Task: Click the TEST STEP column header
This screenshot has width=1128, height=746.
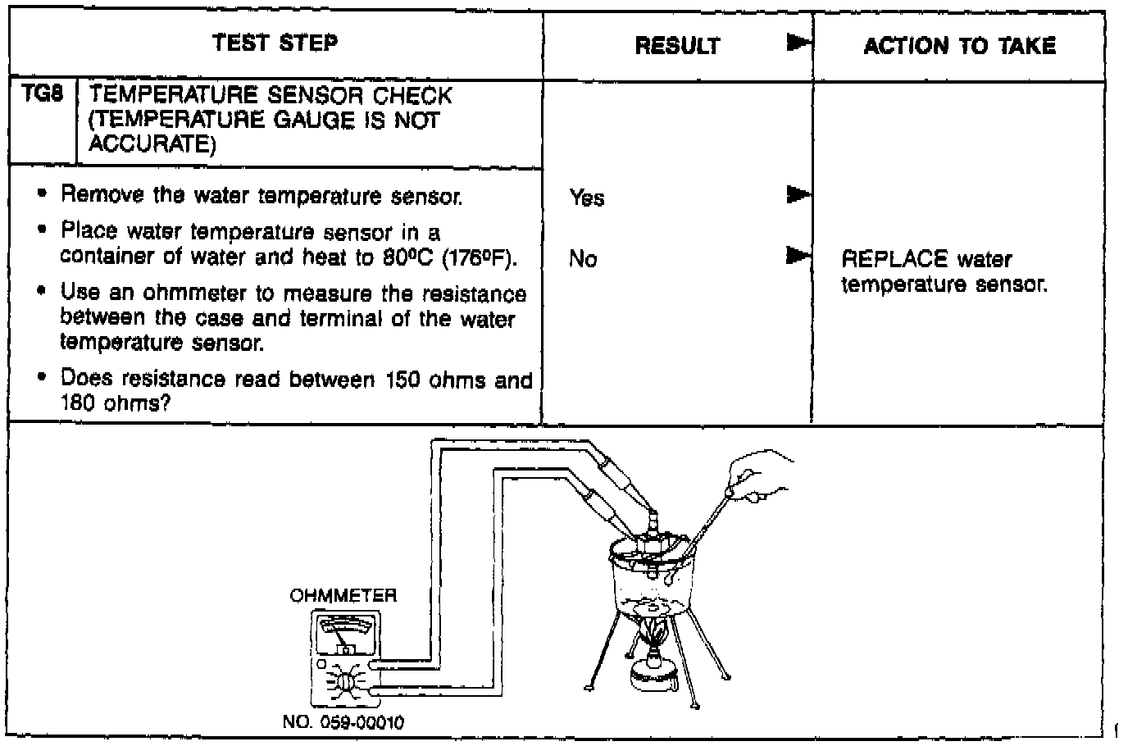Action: [x=275, y=43]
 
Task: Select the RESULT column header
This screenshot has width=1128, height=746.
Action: [x=677, y=46]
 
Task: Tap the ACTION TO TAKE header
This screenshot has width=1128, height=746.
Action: [x=959, y=46]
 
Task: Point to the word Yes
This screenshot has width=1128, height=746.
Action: [x=586, y=198]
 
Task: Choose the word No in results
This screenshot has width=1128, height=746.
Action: [x=583, y=260]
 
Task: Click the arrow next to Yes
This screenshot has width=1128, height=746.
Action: [x=798, y=195]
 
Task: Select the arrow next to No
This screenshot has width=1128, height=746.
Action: [x=798, y=256]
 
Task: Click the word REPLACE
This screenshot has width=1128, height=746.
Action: [x=894, y=260]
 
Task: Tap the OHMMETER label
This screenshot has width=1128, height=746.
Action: [x=343, y=596]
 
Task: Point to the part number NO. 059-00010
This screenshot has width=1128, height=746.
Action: [x=343, y=723]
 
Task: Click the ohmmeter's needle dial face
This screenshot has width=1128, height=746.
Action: [x=343, y=636]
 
